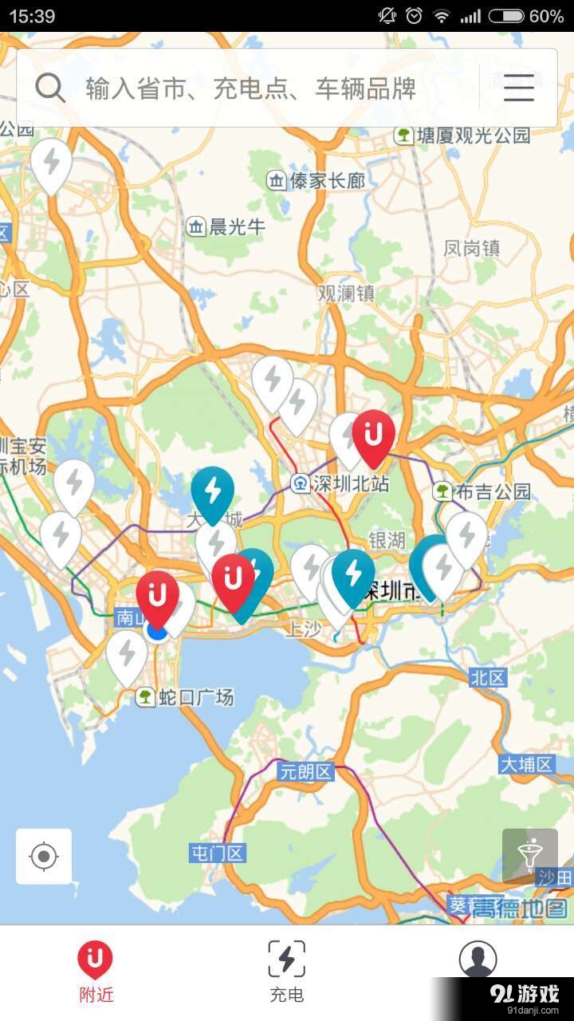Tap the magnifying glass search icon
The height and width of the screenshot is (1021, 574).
point(50,88)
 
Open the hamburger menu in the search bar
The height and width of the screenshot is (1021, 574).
point(518,88)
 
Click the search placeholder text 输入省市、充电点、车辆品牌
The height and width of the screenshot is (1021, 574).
point(251,89)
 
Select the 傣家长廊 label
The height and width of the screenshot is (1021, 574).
point(316,181)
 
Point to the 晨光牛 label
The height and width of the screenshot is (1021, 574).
point(226,227)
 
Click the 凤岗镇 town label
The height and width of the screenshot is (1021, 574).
point(472,248)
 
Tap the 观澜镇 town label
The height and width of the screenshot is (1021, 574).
point(346,293)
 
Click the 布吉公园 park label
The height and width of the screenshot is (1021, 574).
point(483,491)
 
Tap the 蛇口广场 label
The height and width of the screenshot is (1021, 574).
point(187,698)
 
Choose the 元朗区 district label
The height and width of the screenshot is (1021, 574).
point(305,771)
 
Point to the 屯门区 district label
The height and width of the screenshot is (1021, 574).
point(218,853)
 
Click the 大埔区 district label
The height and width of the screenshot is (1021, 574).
point(526,765)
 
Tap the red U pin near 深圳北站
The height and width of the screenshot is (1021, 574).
point(373,436)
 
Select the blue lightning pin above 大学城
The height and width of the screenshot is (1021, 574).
point(213,491)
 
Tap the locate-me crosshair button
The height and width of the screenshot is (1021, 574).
point(44,857)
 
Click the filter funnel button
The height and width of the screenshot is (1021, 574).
point(530,856)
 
